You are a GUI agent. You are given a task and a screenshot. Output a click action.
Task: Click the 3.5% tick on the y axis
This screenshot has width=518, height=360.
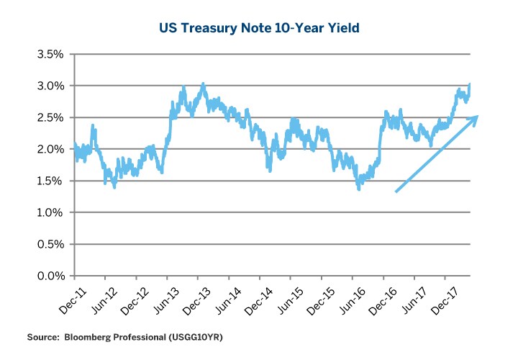click(53, 54)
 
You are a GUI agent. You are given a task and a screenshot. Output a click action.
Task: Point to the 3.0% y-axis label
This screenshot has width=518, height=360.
click(53, 86)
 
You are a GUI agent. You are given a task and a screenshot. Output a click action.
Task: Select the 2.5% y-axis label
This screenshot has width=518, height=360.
click(53, 117)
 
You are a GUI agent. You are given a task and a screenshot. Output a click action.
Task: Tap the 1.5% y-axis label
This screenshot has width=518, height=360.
click(53, 181)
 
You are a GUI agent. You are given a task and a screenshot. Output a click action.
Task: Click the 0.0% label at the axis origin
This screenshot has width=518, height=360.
click(53, 276)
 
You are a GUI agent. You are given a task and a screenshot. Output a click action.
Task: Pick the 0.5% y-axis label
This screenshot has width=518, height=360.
click(53, 244)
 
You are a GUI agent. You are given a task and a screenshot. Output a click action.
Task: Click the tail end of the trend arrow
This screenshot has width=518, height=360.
click(396, 192)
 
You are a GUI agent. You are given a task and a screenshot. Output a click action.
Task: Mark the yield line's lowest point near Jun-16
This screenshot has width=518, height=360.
click(359, 189)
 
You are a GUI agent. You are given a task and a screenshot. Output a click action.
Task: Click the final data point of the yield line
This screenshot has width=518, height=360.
click(471, 84)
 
